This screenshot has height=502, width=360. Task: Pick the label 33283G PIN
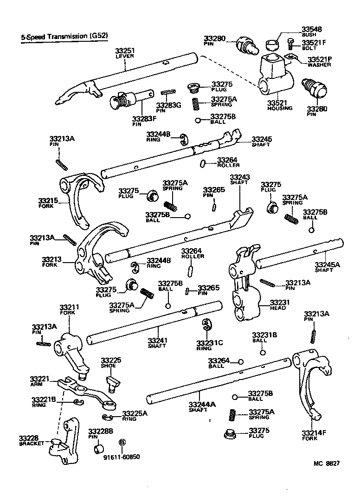point(168,107)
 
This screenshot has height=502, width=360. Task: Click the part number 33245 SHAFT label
point(262,141)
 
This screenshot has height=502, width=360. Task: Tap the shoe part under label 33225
point(113,381)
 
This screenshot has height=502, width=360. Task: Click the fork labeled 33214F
point(312,390)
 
